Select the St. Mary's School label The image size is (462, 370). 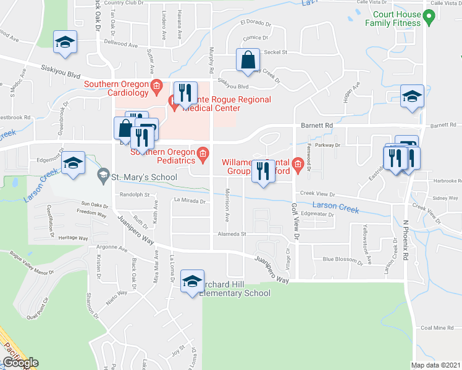144,178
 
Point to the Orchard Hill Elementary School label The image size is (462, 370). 235,288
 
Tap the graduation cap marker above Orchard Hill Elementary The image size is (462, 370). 193,281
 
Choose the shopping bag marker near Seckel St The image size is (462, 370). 248,61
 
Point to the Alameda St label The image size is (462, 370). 232,234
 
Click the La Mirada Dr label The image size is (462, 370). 189,200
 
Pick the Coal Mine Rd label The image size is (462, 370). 438,327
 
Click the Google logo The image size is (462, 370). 20,363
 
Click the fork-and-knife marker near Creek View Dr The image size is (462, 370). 264,171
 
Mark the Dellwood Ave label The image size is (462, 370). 121,44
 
